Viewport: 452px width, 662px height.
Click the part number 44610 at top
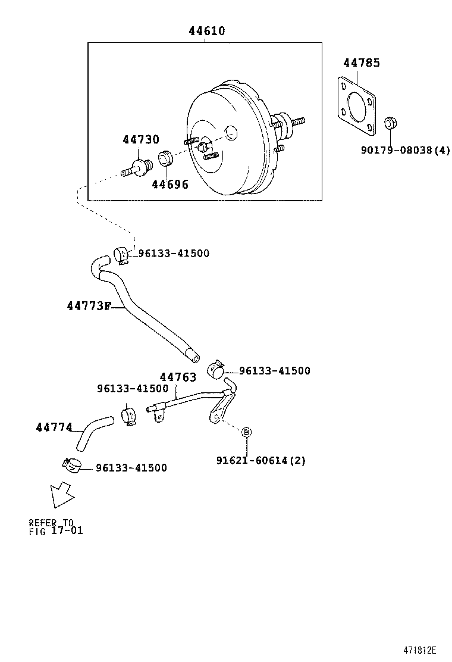(207, 31)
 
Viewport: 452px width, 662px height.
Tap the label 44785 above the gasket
(361, 63)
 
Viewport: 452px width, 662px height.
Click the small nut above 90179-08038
(390, 124)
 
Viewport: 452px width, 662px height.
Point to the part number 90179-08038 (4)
(405, 151)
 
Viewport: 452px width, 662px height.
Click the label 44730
(141, 140)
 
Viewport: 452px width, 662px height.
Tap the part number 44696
(169, 185)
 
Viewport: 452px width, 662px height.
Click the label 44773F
(89, 306)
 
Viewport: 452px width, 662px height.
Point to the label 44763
(177, 377)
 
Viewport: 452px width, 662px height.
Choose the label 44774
(54, 427)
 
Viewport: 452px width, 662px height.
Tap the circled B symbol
(246, 432)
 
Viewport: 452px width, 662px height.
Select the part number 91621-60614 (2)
(260, 460)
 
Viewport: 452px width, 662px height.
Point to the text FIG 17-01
(56, 530)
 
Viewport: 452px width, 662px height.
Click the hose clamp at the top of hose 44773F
(122, 255)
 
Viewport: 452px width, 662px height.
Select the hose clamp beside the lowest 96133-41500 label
(71, 466)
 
